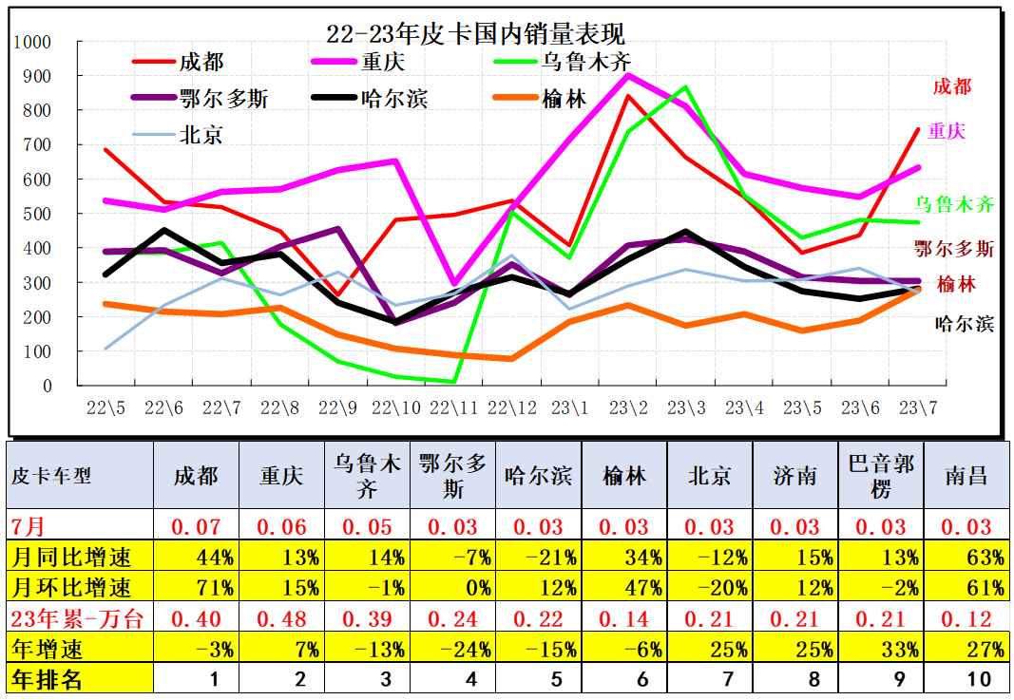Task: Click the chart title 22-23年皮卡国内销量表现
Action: pyautogui.click(x=475, y=35)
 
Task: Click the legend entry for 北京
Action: pyautogui.click(x=201, y=135)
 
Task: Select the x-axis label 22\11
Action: pyautogui.click(x=454, y=408)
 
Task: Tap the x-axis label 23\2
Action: pyautogui.click(x=628, y=408)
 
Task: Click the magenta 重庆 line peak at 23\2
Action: pyautogui.click(x=628, y=75)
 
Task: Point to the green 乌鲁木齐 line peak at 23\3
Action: pyautogui.click(x=686, y=87)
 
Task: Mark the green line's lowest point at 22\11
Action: pyautogui.click(x=454, y=382)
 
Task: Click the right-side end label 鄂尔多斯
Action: pyautogui.click(x=954, y=249)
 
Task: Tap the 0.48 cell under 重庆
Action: pyautogui.click(x=281, y=619)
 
